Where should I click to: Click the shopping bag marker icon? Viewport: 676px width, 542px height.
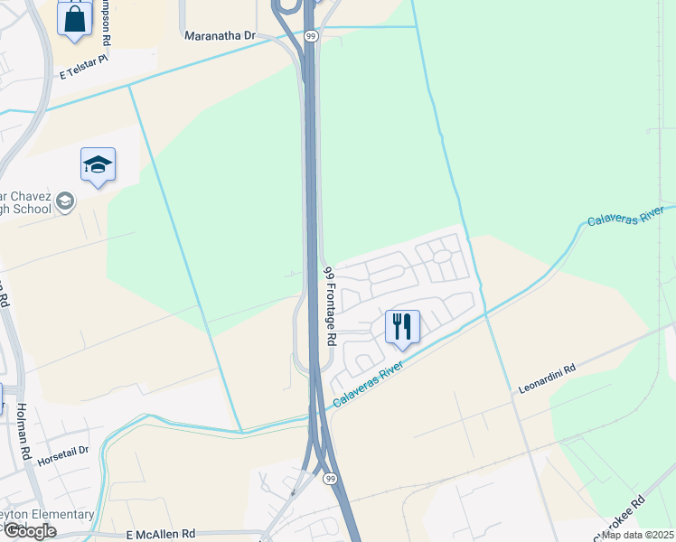pyautogui.click(x=74, y=18)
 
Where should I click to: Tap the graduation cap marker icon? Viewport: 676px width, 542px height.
pyautogui.click(x=98, y=165)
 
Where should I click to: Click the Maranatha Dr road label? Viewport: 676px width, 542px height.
pyautogui.click(x=221, y=36)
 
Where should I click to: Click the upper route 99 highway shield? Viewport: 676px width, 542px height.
pyautogui.click(x=311, y=35)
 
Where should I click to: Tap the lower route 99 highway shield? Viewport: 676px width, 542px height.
pyautogui.click(x=332, y=478)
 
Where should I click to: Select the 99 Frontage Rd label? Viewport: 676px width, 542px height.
pyautogui.click(x=330, y=305)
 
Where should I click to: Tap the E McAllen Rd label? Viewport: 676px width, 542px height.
pyautogui.click(x=161, y=535)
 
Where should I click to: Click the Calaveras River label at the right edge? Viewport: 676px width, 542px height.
pyautogui.click(x=625, y=216)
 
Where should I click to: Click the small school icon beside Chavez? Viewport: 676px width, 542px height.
pyautogui.click(x=65, y=201)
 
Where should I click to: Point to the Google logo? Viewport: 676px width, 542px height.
pyautogui.click(x=30, y=531)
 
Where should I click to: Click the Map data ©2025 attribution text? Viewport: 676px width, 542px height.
pyautogui.click(x=637, y=535)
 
